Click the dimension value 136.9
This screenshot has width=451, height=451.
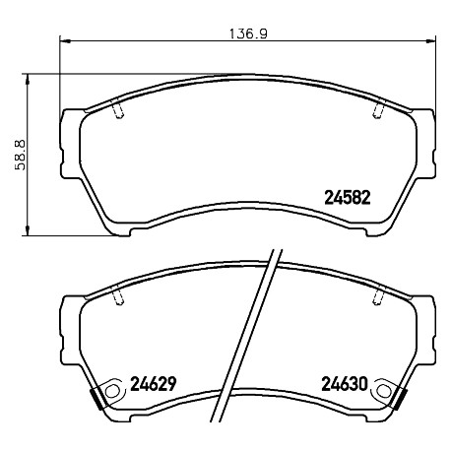[x=248, y=33]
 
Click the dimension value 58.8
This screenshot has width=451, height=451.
[x=20, y=155]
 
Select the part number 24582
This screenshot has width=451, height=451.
[x=348, y=198]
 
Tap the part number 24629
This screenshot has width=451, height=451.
[x=154, y=384]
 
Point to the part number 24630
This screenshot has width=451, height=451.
[x=345, y=384]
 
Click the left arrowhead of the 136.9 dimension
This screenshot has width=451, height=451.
[x=65, y=41]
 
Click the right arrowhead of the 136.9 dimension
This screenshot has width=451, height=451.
[x=430, y=40]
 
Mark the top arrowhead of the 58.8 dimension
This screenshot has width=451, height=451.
[x=28, y=79]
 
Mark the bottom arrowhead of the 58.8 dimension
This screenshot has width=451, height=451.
[x=28, y=230]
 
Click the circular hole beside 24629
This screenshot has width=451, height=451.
[x=112, y=391]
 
